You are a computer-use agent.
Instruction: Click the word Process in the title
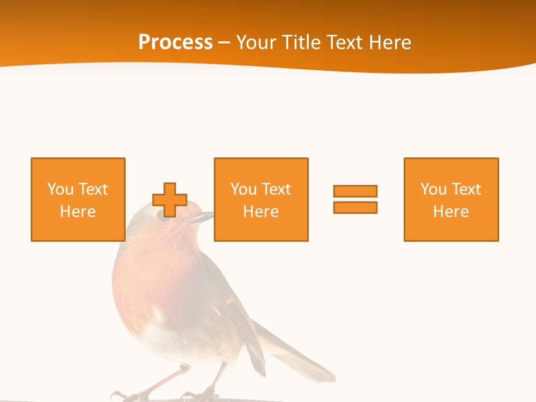175,42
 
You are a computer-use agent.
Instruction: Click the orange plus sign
170,200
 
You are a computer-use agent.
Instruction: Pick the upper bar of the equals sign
355,191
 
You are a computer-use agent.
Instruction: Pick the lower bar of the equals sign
355,207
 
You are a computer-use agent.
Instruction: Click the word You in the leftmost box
60,189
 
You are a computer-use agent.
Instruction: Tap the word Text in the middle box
276,189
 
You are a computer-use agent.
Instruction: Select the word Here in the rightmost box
451,212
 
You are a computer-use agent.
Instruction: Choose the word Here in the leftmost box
78,212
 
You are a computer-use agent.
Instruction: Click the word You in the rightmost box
433,189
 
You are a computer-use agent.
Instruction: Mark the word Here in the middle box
261,212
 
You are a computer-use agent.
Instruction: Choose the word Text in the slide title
343,42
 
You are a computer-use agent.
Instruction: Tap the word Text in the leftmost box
93,189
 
